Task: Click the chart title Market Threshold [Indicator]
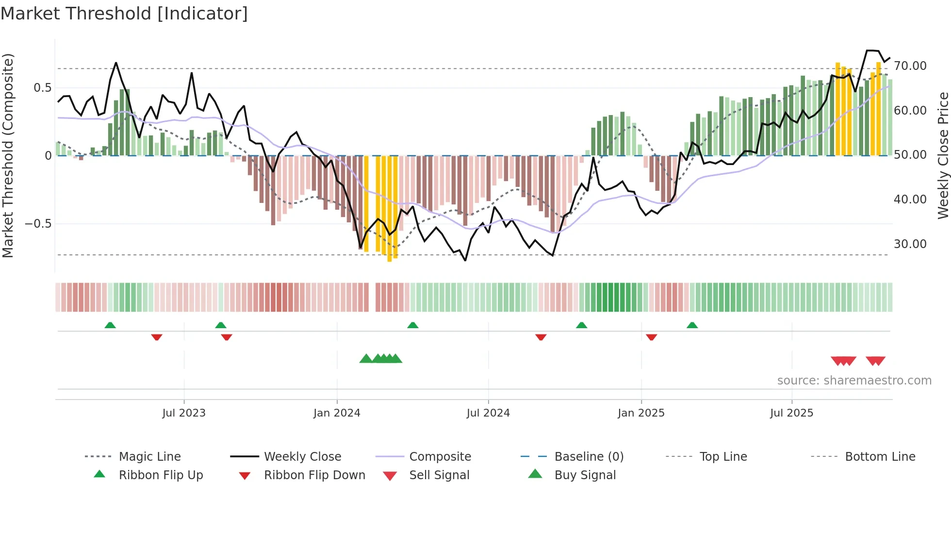124,14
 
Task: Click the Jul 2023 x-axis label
184,413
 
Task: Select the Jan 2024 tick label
337,413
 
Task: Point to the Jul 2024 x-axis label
488,413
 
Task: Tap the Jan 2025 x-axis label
641,413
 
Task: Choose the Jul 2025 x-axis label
791,413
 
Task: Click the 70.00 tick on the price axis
910,66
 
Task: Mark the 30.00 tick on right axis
910,244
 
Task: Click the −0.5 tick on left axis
38,224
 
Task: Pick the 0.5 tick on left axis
42,88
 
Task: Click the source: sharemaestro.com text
854,381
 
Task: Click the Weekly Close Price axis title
943,155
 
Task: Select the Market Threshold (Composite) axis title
8,155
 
